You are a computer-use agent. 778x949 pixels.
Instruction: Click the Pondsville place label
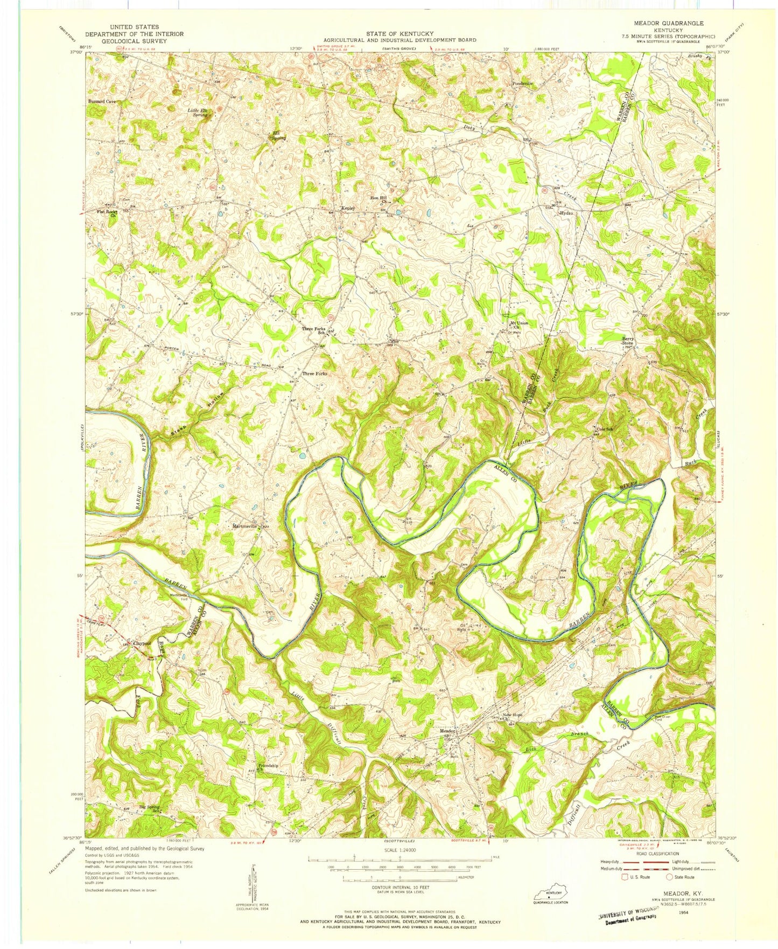click(x=522, y=84)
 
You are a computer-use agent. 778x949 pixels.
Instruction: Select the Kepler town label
click(x=346, y=209)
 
